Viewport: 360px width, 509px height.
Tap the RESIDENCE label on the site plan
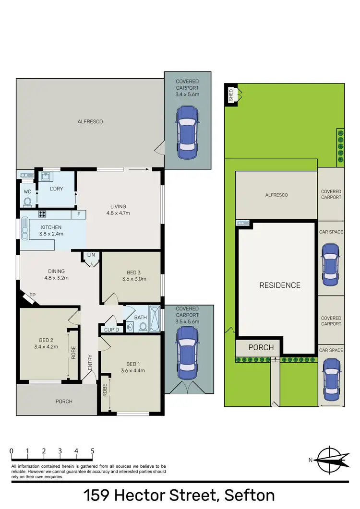[280, 285]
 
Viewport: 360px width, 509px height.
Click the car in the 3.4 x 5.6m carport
[187, 133]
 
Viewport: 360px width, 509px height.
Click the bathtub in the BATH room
[154, 319]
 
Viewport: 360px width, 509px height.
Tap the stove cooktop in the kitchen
[42, 214]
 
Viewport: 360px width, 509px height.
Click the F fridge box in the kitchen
[78, 214]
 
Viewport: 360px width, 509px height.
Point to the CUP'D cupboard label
[111, 330]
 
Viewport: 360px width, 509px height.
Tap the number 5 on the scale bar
[92, 451]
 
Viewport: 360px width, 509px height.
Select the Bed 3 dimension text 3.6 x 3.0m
[134, 279]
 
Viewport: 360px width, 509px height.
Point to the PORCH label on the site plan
[261, 347]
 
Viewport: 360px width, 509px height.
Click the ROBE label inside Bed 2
[73, 353]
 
